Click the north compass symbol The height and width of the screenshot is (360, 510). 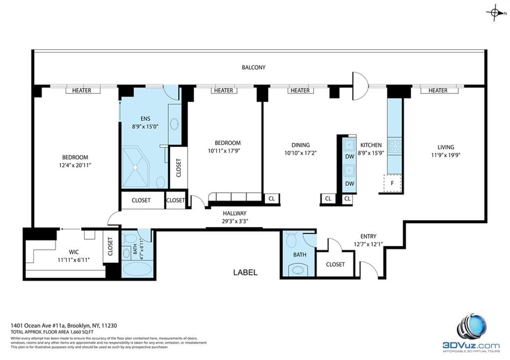point(495,13)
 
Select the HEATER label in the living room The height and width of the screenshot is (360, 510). point(437,90)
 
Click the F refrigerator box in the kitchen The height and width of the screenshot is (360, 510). point(392,183)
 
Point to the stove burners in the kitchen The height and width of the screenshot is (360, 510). point(394,146)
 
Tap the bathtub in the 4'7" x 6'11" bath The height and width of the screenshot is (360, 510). point(137,269)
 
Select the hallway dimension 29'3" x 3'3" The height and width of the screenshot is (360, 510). point(235,221)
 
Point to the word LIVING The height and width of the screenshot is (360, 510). point(445,147)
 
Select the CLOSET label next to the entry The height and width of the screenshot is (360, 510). point(335,264)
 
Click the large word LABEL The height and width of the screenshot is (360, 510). point(246,272)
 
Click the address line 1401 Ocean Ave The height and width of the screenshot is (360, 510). point(64,325)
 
